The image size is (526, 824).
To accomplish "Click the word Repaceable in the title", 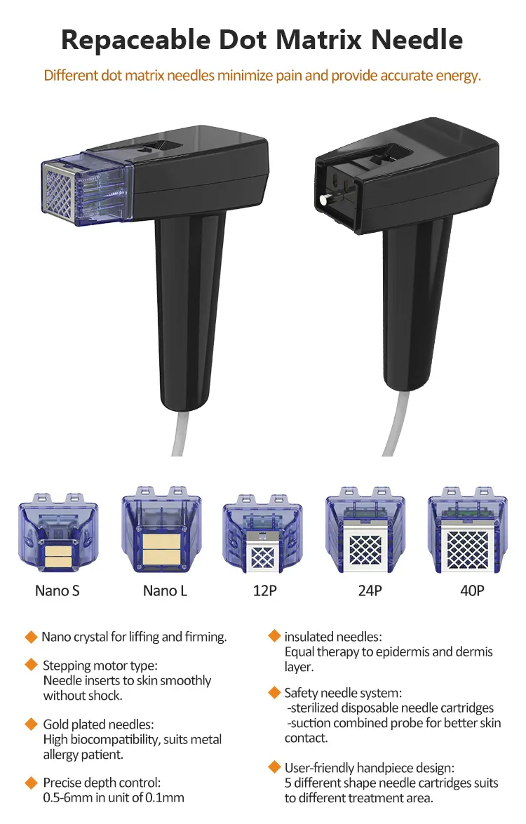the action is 135,40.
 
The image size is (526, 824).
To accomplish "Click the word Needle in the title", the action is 417,39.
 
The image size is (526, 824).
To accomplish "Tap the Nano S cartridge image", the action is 58,532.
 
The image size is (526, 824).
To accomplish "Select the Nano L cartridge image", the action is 161,529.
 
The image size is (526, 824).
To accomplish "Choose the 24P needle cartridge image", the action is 365,529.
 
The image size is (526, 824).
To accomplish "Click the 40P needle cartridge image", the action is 468,529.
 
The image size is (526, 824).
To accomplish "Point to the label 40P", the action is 472,590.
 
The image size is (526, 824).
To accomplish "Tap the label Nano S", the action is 58,590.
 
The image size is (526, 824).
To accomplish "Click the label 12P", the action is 264,590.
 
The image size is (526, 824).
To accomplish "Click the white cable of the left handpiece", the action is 182,433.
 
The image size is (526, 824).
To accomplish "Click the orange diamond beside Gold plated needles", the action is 31,724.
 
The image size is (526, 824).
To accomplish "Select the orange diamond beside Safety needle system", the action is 274,692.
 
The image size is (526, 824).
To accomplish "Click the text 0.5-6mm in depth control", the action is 68,797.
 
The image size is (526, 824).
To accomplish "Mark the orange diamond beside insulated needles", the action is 274,636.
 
